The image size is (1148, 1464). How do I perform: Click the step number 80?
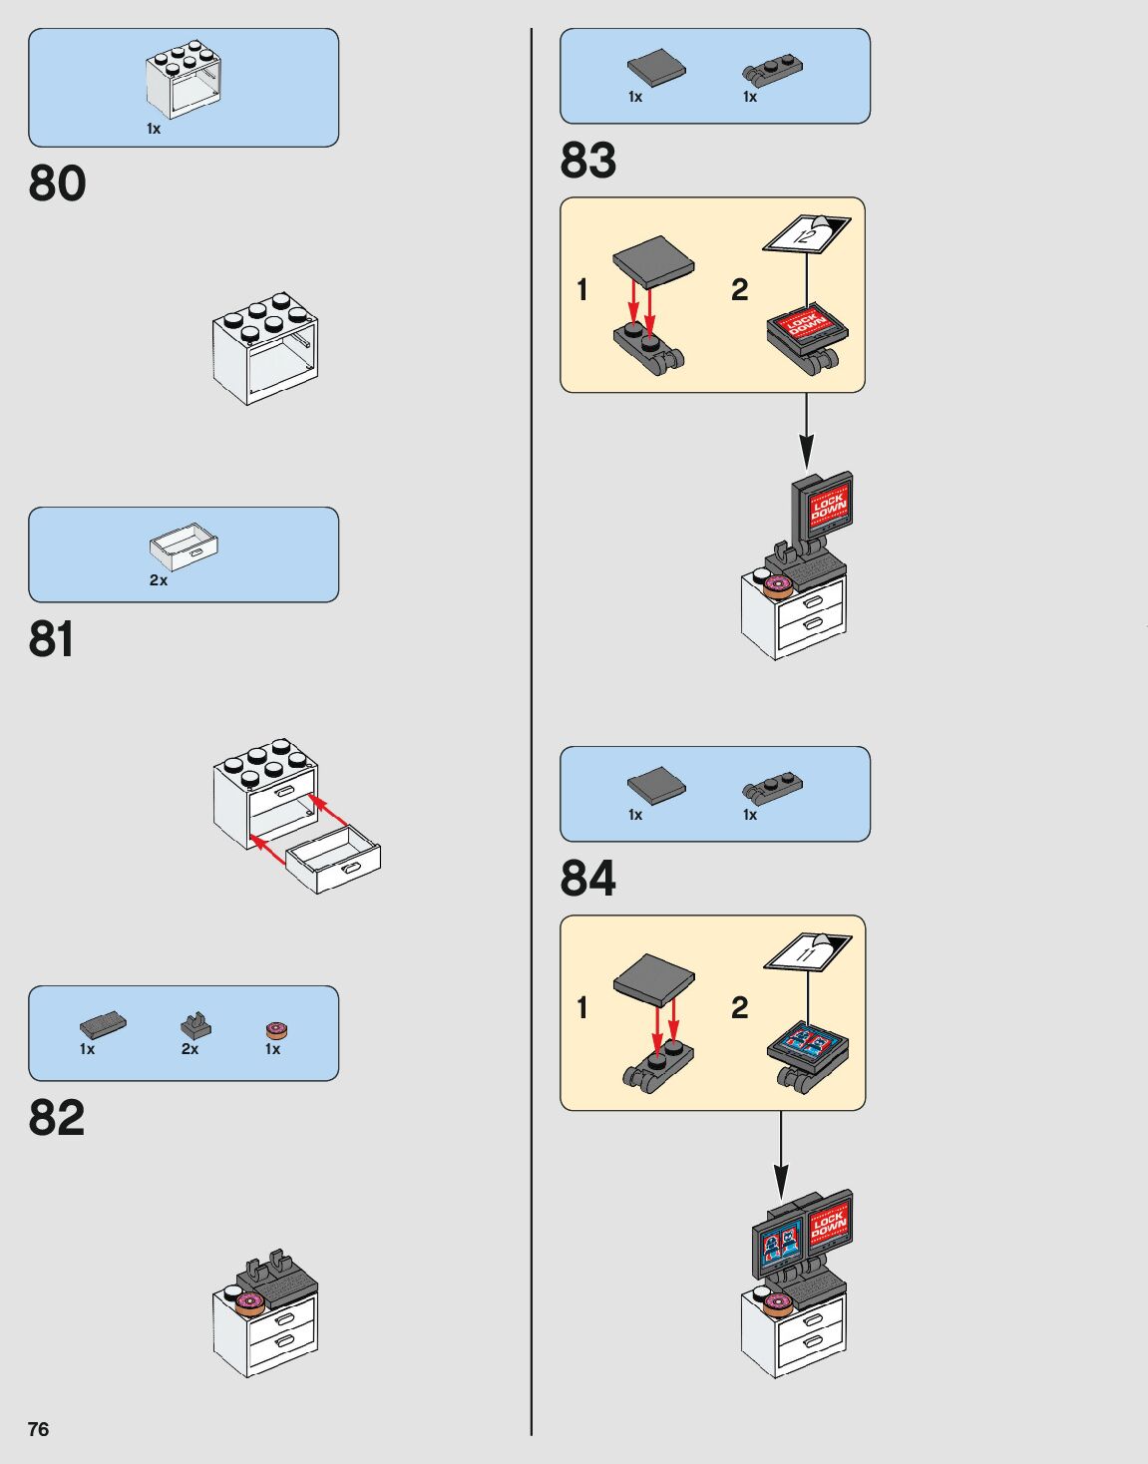tap(57, 183)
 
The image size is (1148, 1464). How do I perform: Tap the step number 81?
tap(52, 639)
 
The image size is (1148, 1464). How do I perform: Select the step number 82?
tap(57, 1118)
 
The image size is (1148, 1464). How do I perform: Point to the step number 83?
tap(588, 160)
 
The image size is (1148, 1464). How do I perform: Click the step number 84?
tap(588, 878)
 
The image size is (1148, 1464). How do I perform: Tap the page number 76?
tap(38, 1429)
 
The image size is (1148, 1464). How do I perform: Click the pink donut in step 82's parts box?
tap(275, 1030)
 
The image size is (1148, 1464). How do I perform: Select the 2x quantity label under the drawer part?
tap(159, 579)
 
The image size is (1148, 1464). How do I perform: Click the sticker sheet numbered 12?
tap(808, 234)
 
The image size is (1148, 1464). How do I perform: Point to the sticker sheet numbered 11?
tap(808, 953)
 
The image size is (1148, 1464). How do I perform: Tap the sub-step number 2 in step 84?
tap(739, 1007)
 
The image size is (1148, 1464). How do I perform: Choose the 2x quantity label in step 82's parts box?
tap(190, 1049)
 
